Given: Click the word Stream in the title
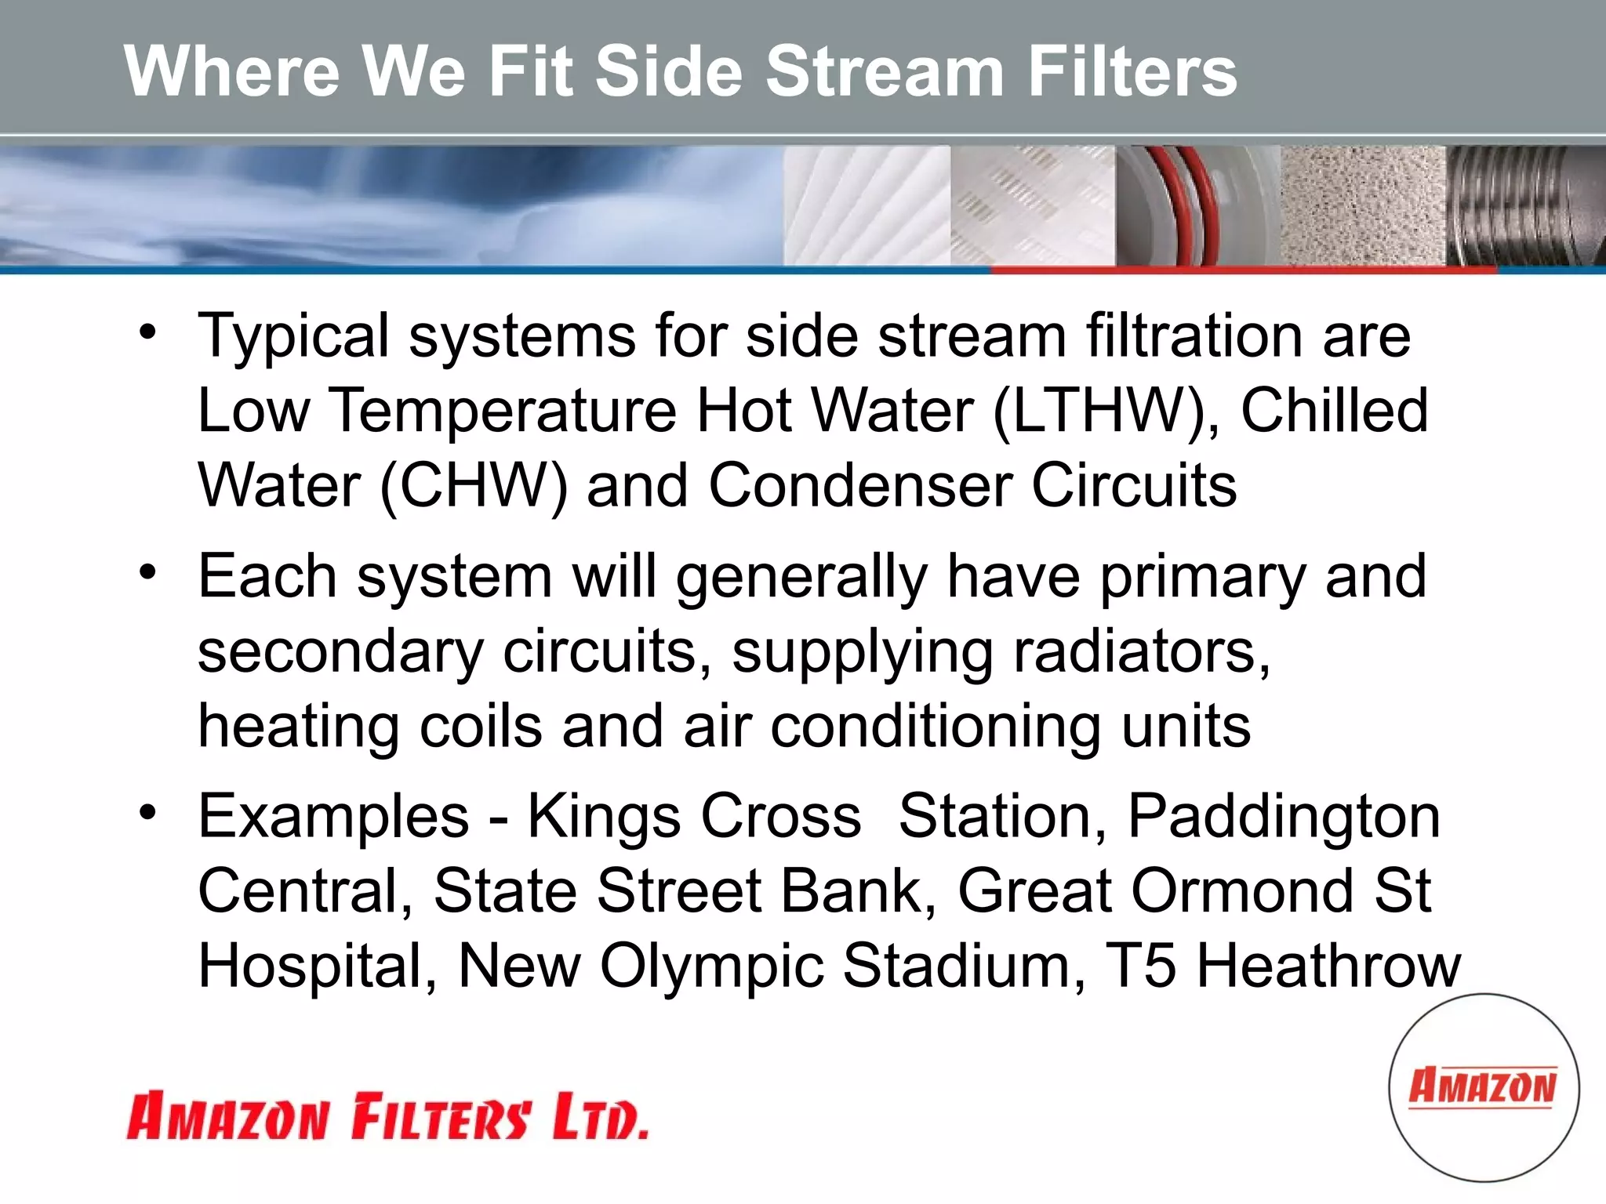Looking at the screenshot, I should (885, 71).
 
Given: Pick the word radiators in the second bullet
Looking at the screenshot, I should (1141, 651).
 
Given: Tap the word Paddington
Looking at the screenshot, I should (1283, 817).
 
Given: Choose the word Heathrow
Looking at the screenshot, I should (1328, 966).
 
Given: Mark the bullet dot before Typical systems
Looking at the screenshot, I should (147, 332).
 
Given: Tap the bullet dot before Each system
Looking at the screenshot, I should (147, 573).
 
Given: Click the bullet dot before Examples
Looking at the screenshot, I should (147, 813).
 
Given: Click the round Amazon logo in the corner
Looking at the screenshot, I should (1483, 1087).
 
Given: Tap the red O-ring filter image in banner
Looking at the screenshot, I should (1197, 205).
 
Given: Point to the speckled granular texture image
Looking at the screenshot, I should (1362, 205).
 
